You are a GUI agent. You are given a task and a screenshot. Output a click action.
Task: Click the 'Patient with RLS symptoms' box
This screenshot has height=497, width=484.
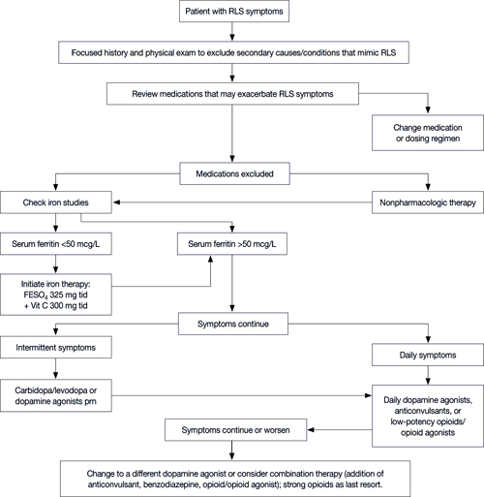point(234,12)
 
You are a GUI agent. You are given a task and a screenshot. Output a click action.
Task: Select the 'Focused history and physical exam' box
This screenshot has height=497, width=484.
point(233,52)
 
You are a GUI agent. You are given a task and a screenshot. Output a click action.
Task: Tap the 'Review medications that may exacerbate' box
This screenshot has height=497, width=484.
point(232,94)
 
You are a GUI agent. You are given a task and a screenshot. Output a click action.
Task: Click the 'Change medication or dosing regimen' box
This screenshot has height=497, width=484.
point(428,133)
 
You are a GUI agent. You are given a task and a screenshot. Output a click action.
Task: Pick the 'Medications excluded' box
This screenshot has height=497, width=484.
point(234,173)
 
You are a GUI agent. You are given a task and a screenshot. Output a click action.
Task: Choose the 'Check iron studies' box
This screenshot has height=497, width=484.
point(56,202)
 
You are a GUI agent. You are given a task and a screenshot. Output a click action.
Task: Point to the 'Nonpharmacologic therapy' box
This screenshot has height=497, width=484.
point(428,202)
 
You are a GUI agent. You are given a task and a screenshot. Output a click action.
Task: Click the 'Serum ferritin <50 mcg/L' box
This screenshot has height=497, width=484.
point(56,244)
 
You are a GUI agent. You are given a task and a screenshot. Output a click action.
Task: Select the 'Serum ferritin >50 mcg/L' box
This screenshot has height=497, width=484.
point(232,244)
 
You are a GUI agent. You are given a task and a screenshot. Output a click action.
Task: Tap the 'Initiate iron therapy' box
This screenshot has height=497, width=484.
point(56,295)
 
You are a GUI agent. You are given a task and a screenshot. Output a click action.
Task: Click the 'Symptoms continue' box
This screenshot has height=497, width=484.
point(233,324)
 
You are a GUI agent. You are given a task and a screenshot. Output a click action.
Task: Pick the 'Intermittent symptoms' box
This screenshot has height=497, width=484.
point(56,348)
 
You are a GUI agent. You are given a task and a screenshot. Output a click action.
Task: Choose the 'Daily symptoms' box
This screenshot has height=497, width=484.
point(428,355)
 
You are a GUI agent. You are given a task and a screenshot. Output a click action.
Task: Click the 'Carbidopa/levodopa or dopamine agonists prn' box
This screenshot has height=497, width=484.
point(56,395)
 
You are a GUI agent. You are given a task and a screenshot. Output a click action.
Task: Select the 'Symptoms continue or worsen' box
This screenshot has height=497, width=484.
point(235,430)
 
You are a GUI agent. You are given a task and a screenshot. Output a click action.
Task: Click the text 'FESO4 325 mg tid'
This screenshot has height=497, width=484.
point(55,295)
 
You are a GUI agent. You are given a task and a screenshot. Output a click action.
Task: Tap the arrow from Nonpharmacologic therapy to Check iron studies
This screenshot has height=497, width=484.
point(242,202)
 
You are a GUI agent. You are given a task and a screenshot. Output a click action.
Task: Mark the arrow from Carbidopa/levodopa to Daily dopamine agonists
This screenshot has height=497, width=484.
point(242,395)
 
